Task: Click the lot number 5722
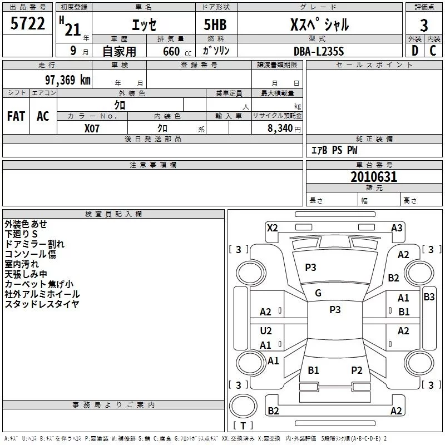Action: pos(27,23)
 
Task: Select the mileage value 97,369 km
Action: pos(68,80)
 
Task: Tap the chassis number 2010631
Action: pos(374,177)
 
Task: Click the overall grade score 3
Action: pos(424,25)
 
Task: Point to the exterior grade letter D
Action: pos(415,51)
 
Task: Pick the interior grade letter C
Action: pos(433,51)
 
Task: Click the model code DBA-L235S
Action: pos(319,51)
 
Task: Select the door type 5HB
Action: pos(215,24)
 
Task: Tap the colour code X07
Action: pos(92,128)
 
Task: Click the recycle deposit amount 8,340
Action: pos(280,128)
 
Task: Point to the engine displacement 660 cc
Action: pos(177,51)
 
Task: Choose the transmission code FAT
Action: pos(16,116)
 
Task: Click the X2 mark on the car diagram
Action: pos(272,228)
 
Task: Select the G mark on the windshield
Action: pos(318,293)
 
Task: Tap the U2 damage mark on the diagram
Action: pos(266,331)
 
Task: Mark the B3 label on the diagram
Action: pos(429,297)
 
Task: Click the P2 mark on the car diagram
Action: pos(357,370)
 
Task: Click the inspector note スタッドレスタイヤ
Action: pos(42,304)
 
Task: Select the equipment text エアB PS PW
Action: pos(334,150)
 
